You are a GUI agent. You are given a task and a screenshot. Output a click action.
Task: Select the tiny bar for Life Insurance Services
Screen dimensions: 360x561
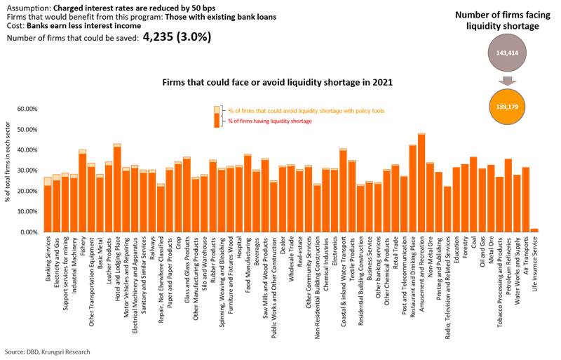(534, 229)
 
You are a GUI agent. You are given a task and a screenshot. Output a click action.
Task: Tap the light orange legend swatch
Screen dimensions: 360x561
(217, 109)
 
